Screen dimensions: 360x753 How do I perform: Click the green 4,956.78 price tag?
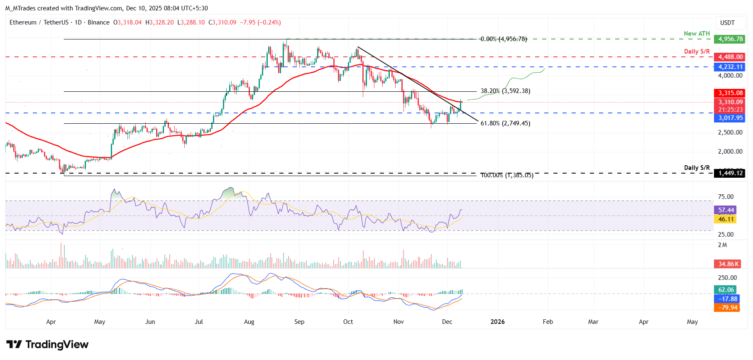pos(729,39)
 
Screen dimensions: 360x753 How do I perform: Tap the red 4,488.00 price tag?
pos(729,57)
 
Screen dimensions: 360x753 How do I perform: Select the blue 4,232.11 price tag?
pos(729,67)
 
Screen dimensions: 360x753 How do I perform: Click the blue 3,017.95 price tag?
pos(729,118)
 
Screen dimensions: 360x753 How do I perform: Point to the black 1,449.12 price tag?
pos(729,173)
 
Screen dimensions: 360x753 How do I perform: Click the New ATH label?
pos(697,34)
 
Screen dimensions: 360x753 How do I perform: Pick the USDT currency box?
pos(727,23)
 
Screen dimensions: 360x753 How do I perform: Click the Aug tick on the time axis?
pos(249,322)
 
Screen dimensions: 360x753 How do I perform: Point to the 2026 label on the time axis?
pos(497,322)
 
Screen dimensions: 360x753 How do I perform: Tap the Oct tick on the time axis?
pos(348,322)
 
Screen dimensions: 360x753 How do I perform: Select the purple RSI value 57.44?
pos(726,210)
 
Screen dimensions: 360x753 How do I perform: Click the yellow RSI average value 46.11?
pos(726,219)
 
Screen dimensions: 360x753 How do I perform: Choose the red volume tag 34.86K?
pos(729,264)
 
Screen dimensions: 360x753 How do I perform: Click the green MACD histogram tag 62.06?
pos(726,290)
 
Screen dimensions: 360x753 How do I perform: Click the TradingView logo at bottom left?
pos(47,345)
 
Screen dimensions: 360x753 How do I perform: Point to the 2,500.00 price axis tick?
pos(730,132)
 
